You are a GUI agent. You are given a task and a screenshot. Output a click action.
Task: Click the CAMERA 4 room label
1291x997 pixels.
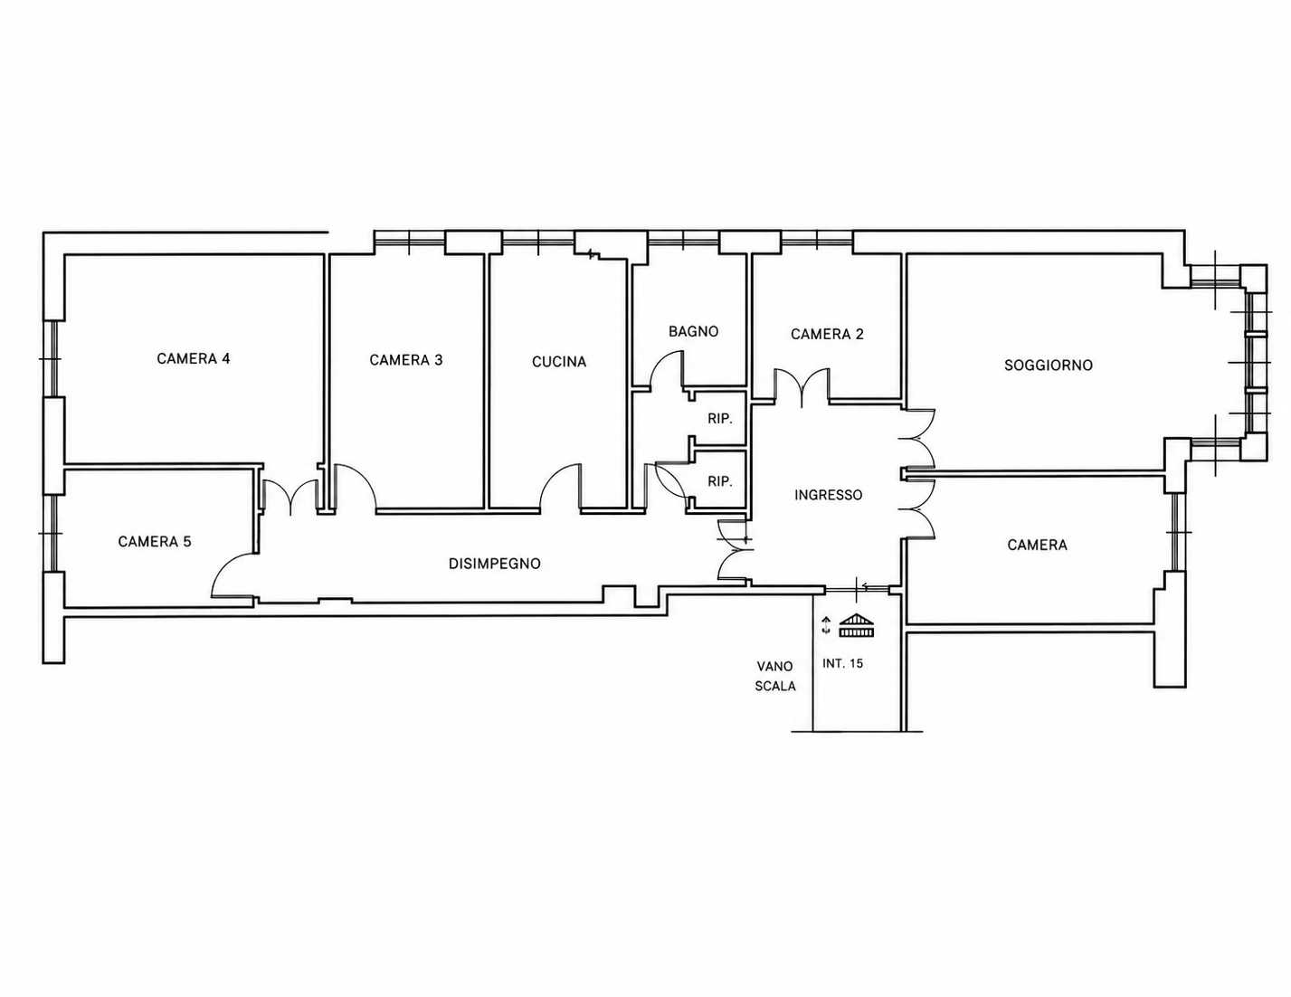(193, 359)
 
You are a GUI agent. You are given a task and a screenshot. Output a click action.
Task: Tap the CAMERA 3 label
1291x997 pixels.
(406, 360)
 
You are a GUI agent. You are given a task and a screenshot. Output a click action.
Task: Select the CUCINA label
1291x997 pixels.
(559, 362)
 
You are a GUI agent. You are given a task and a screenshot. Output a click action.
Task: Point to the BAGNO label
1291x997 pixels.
(693, 331)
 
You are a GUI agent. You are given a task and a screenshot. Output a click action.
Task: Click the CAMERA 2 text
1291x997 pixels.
(827, 335)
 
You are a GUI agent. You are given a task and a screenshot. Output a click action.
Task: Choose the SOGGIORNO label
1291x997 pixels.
(1049, 366)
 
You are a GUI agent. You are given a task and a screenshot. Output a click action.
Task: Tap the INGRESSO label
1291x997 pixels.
(828, 495)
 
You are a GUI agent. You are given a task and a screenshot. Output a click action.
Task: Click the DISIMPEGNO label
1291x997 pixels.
(494, 564)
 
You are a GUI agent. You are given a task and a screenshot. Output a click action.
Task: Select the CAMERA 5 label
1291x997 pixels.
(155, 542)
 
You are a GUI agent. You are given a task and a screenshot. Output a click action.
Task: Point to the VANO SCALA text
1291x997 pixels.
(775, 676)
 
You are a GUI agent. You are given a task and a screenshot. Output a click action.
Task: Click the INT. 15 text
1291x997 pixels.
(842, 664)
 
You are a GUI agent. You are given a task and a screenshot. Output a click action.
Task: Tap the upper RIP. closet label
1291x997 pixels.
(720, 419)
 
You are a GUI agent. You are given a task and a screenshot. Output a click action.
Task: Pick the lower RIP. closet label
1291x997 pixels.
(720, 482)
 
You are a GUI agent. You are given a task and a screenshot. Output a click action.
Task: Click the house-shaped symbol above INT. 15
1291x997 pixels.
(858, 625)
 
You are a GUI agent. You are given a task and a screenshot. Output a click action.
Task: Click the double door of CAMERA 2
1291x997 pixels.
(802, 384)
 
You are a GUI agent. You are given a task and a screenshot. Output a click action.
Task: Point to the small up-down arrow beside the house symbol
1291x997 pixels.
(826, 626)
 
